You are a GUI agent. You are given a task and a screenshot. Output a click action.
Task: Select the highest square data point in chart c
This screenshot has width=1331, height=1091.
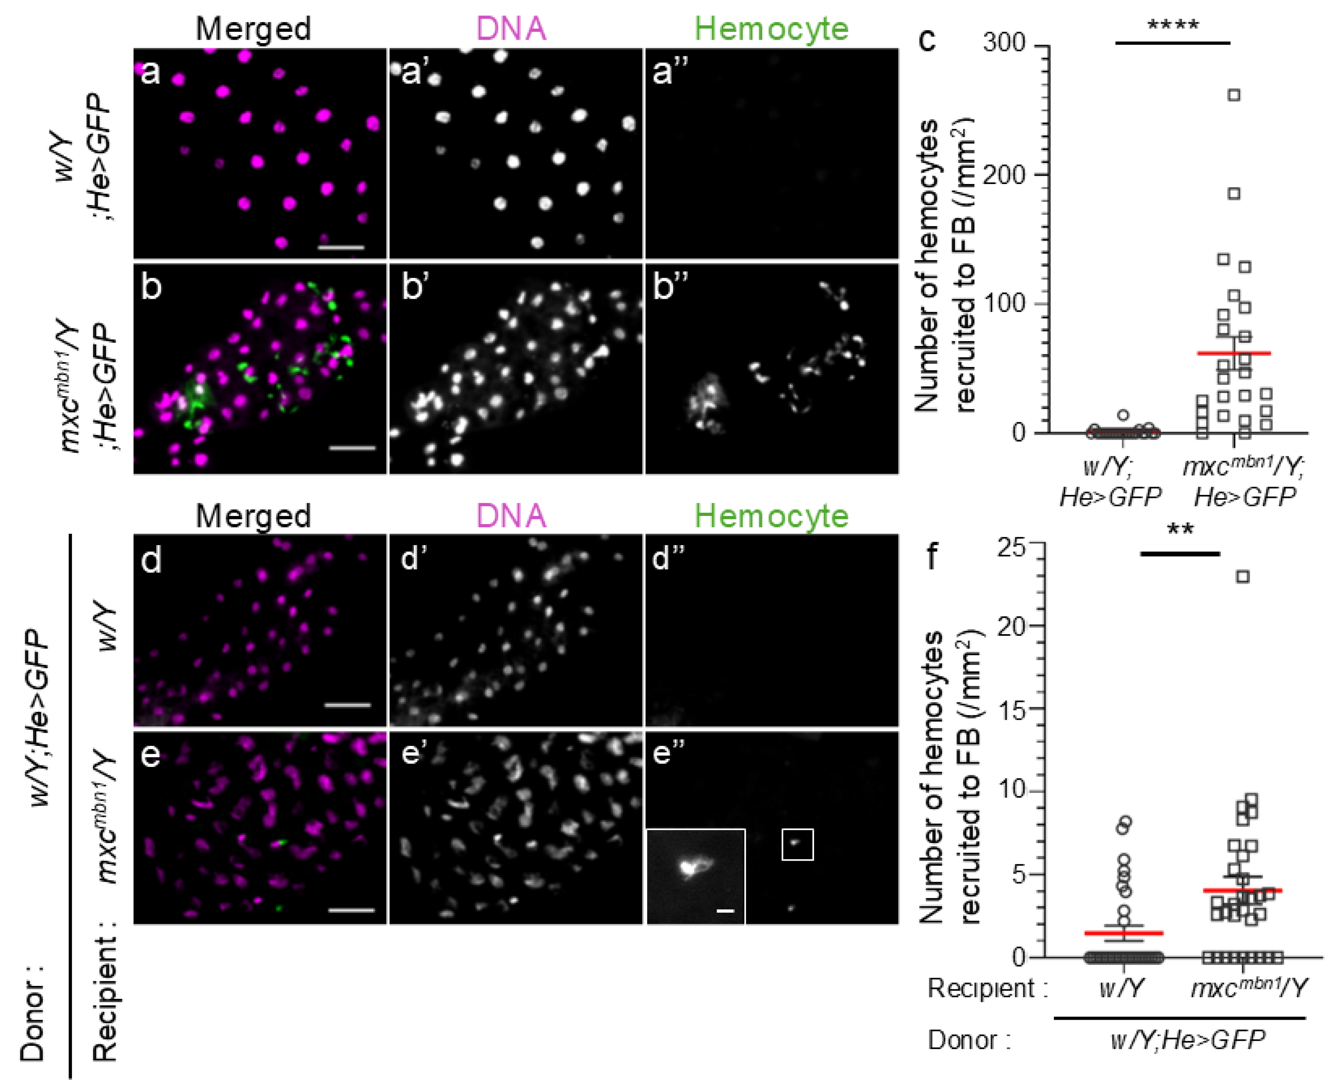(1234, 95)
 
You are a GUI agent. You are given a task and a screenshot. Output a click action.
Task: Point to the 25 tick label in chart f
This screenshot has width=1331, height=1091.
(1011, 547)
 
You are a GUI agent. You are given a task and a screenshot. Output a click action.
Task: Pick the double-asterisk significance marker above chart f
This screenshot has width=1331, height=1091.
(1180, 529)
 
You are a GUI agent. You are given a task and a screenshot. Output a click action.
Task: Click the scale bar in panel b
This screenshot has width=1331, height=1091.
(352, 448)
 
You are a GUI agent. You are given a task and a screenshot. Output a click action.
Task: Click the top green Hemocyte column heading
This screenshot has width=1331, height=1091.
(772, 28)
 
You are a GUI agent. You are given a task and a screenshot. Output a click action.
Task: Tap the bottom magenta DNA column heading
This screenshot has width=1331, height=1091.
(511, 516)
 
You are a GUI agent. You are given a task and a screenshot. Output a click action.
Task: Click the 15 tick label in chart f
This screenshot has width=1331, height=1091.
(1011, 710)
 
